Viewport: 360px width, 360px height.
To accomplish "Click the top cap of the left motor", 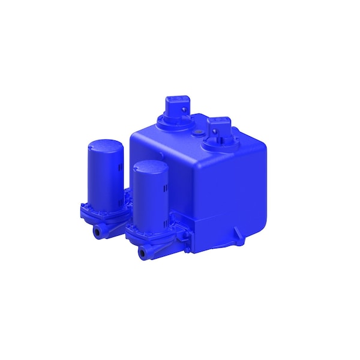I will [106, 145].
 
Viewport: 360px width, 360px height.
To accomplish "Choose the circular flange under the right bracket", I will [218, 144].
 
